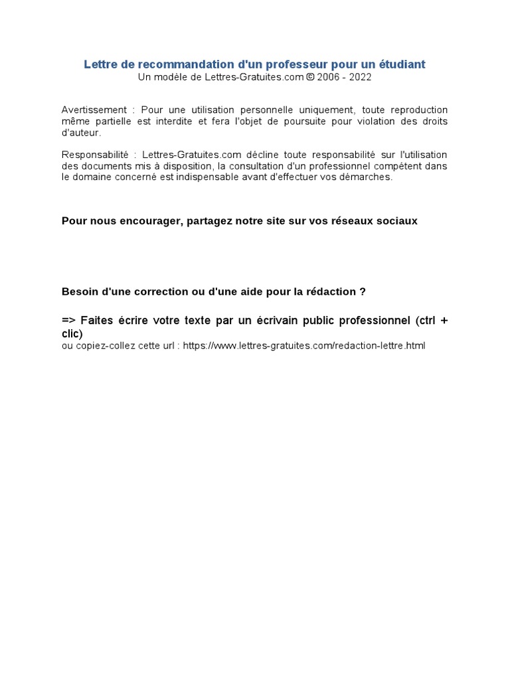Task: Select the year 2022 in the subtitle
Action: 361,77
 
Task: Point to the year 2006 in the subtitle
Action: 330,77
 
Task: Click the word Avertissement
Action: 94,110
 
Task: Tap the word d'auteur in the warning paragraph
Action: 80,133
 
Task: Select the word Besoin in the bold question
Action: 80,292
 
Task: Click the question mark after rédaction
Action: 363,292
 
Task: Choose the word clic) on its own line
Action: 72,333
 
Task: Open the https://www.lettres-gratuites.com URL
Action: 303,346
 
